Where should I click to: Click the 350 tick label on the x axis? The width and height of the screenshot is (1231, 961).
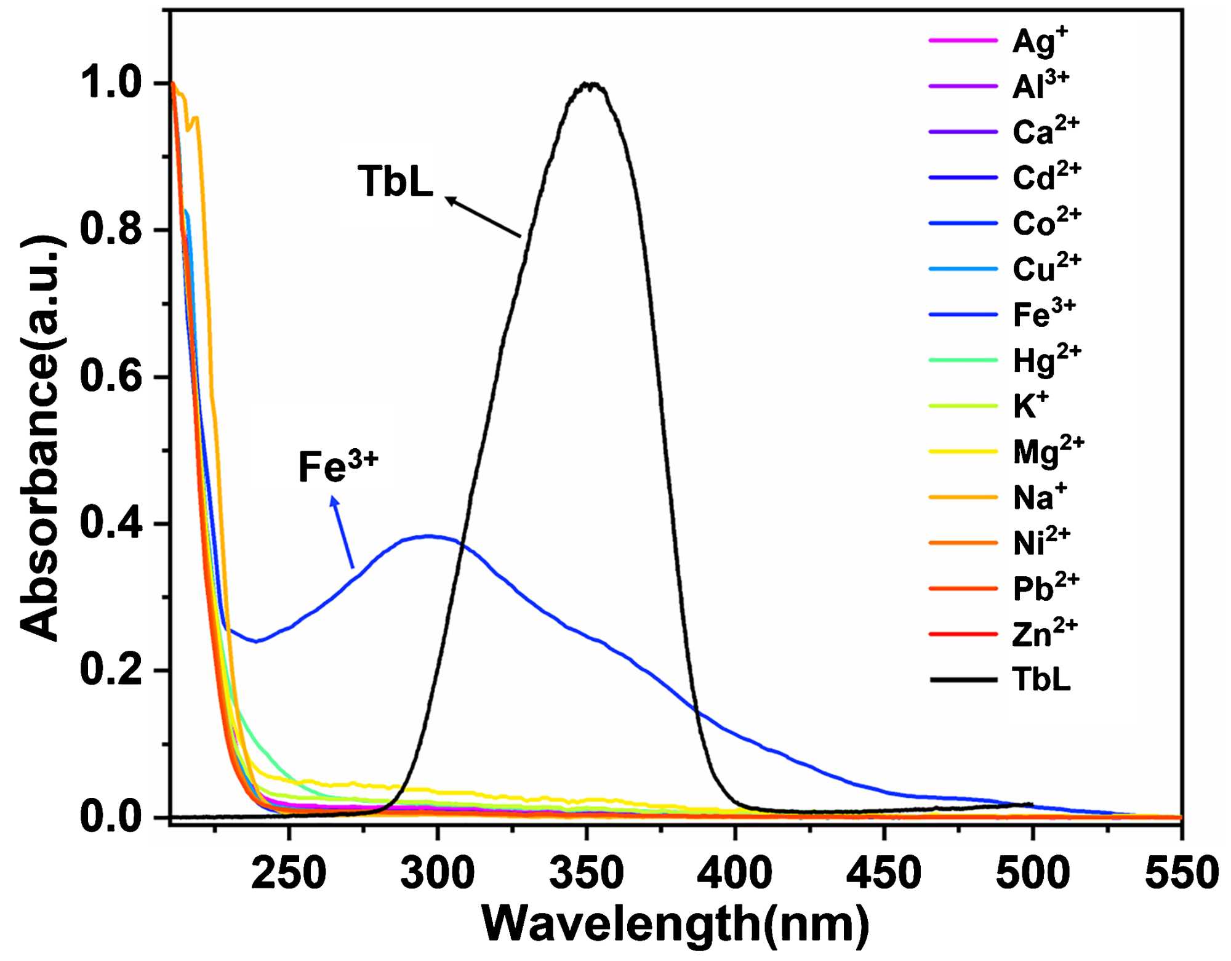pyautogui.click(x=587, y=873)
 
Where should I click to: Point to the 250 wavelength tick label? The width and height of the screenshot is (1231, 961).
pyautogui.click(x=289, y=873)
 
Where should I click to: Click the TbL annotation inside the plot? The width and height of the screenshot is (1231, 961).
pyautogui.click(x=395, y=182)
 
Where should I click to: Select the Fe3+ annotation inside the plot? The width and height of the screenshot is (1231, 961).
pyautogui.click(x=338, y=467)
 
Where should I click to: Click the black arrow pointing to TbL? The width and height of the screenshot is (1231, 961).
pyautogui.click(x=483, y=217)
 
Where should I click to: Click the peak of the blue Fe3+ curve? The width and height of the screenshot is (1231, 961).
pyautogui.click(x=429, y=536)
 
